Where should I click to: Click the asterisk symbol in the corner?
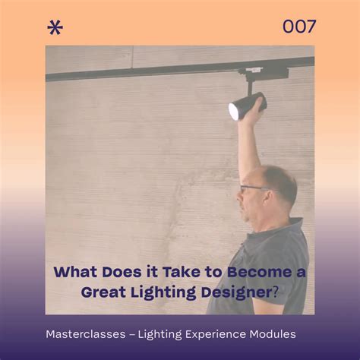click(x=55, y=28)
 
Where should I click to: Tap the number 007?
click(x=299, y=27)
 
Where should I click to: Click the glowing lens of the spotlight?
click(x=234, y=111)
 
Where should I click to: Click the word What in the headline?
click(x=73, y=271)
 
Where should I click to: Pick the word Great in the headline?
click(x=103, y=292)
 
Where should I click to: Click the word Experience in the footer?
click(x=223, y=334)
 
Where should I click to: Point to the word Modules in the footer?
click(x=273, y=334)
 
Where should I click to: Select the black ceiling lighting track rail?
click(x=152, y=71)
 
